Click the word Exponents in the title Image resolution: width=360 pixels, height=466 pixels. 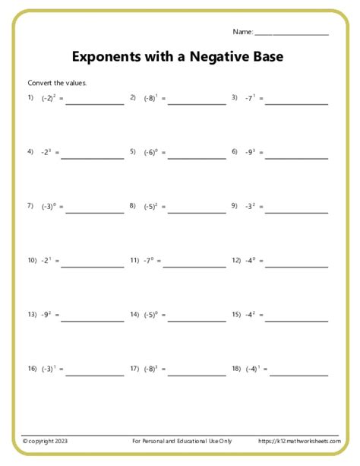[106, 57]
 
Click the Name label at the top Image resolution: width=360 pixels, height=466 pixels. [242, 32]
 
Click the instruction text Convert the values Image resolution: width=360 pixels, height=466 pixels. [57, 83]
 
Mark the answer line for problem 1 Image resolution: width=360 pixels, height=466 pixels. [95, 104]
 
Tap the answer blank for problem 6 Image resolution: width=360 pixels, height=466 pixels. [297, 158]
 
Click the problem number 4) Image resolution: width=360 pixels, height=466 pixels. [30, 152]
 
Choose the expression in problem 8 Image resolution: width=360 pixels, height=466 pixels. [150, 206]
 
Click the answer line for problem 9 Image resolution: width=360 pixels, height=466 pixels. [297, 212]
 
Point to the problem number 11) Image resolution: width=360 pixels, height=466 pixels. [134, 260]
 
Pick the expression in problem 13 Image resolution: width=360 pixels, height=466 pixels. [47, 314]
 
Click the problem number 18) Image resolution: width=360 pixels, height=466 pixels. [235, 369]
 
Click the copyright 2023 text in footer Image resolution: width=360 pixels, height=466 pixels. [46, 441]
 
